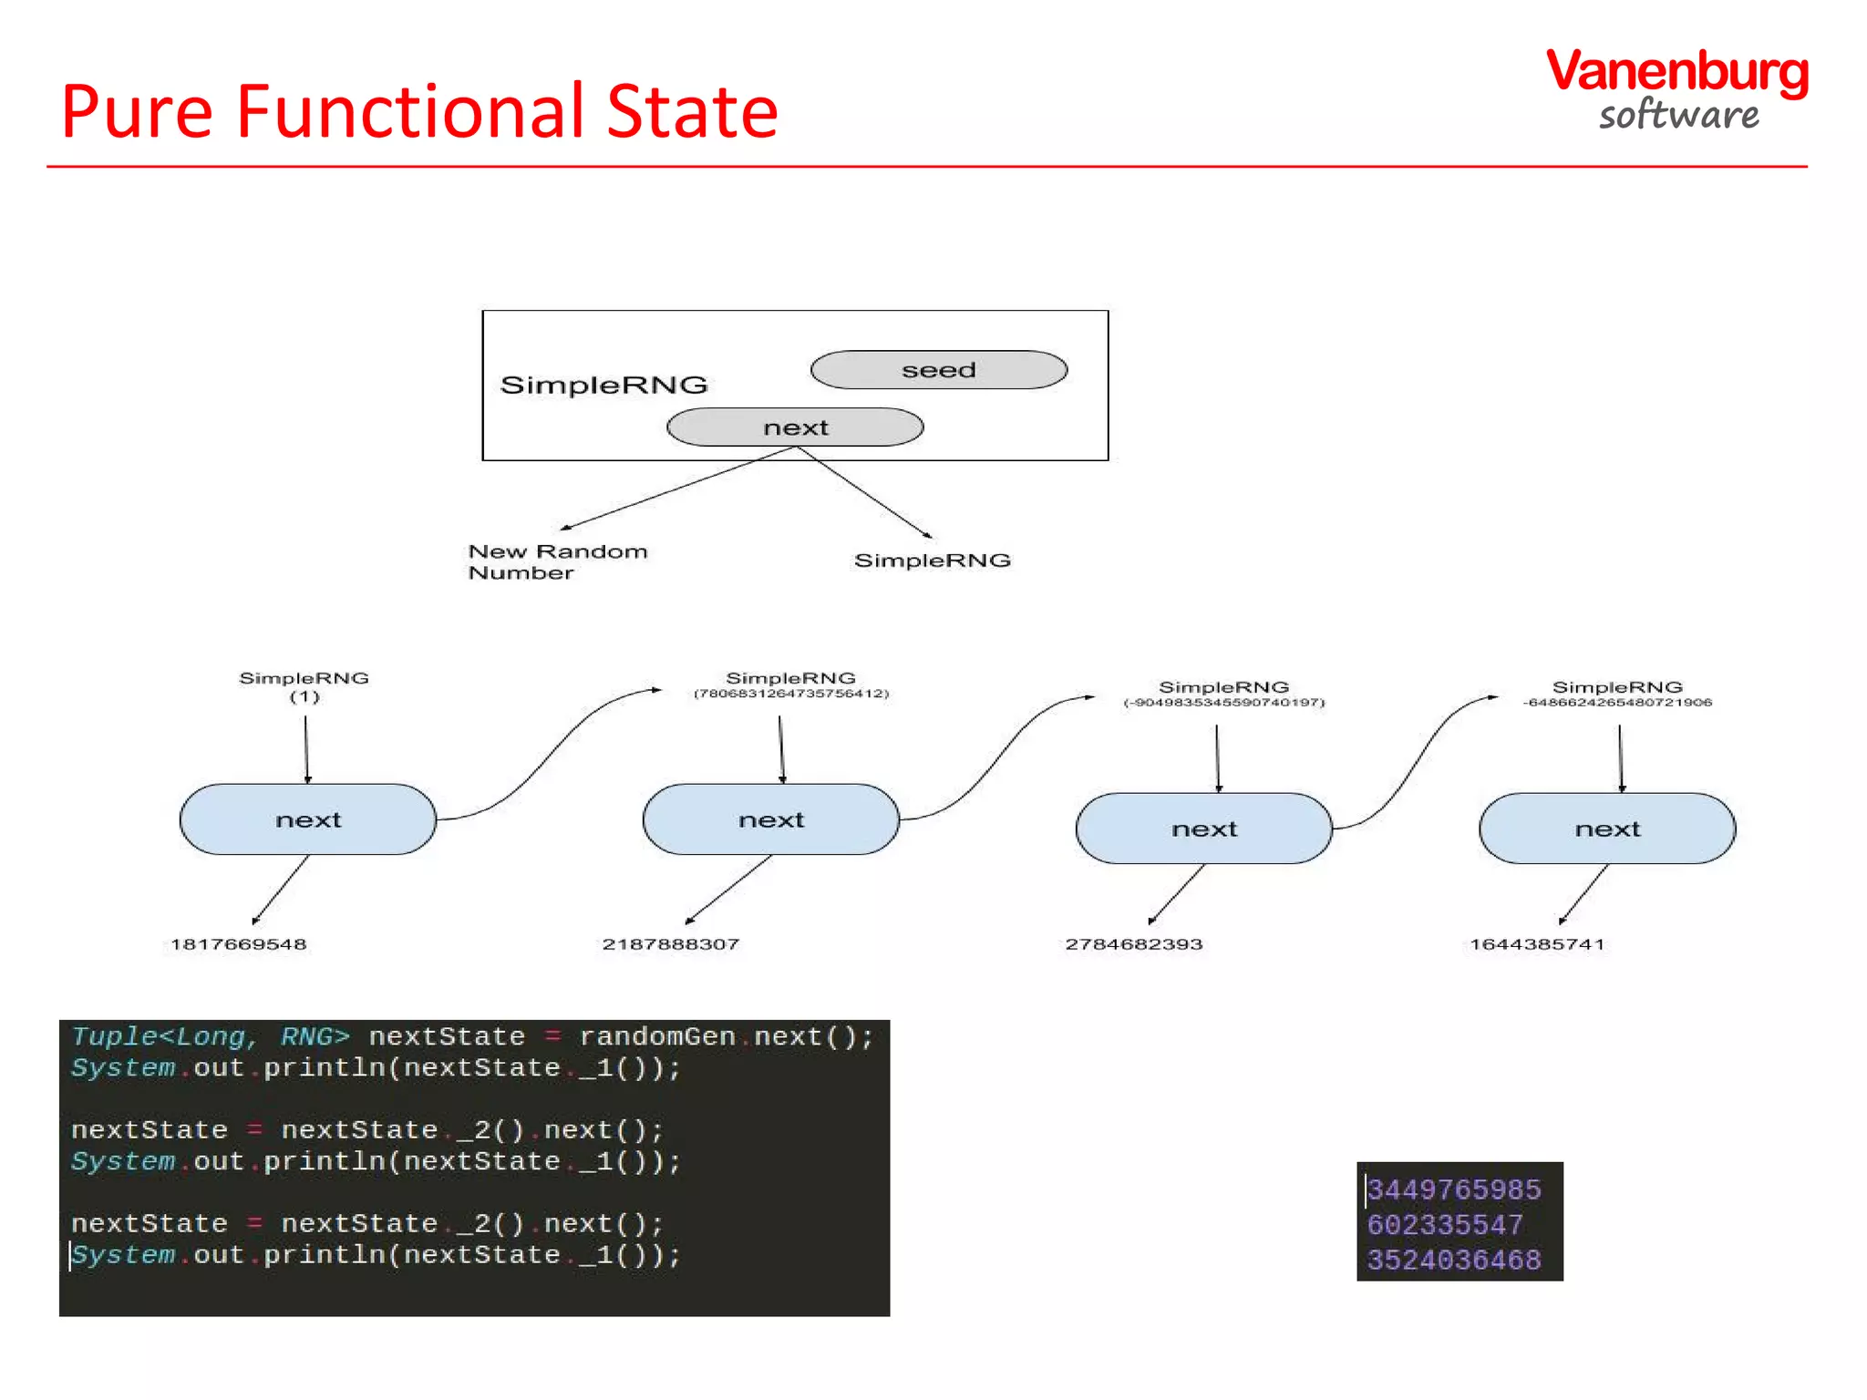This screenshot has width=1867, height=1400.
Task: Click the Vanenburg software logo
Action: point(1677,89)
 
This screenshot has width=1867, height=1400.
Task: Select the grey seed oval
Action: point(938,370)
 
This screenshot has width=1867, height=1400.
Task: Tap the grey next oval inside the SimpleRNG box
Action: point(795,427)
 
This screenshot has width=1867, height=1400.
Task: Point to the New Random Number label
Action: point(557,561)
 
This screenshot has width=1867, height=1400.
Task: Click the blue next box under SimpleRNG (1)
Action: point(308,819)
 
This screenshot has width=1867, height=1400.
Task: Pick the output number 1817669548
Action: point(239,944)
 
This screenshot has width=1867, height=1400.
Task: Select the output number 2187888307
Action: point(670,944)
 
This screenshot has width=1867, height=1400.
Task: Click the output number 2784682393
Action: point(1133,944)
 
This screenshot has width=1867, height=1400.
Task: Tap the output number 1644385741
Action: point(1536,944)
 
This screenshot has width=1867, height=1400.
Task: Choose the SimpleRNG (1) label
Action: point(304,686)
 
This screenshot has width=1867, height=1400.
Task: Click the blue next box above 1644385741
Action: point(1607,829)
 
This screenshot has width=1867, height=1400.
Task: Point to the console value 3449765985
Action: point(1454,1189)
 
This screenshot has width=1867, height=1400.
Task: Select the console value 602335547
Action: point(1445,1225)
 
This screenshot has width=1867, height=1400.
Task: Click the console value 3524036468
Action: point(1454,1261)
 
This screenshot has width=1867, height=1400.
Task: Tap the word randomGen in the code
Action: point(657,1037)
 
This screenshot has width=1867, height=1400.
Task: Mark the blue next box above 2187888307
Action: point(771,819)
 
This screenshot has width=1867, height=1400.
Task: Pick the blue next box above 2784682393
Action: point(1204,829)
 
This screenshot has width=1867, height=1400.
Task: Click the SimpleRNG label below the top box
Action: point(932,561)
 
